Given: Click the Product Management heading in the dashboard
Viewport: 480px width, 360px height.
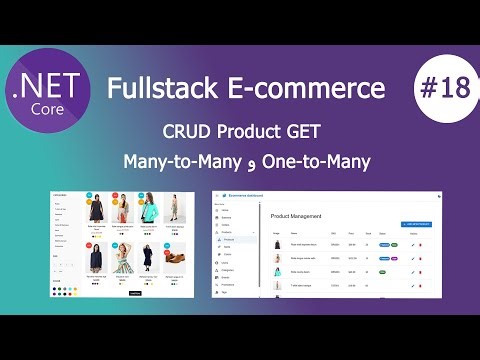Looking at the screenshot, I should (298, 214).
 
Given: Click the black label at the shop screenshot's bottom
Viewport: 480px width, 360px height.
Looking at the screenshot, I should (136, 294).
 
